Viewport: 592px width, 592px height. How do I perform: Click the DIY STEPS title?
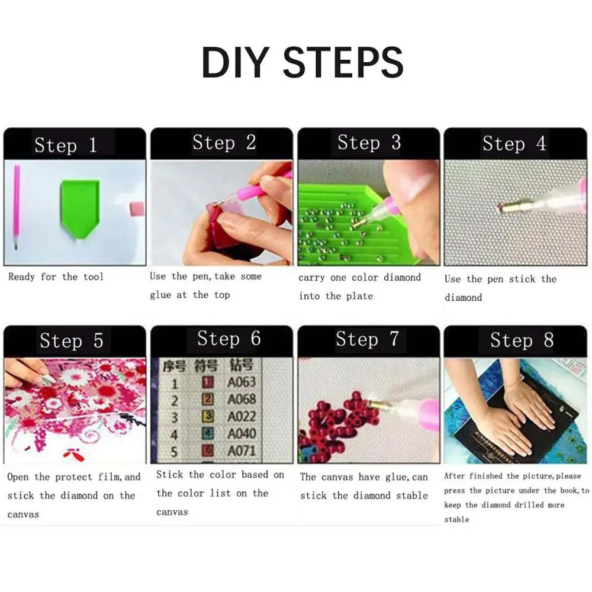point(303,62)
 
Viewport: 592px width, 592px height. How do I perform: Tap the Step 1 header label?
point(66,146)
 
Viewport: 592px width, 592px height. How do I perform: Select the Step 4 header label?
point(514,144)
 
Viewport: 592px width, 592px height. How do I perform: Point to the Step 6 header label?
point(229,338)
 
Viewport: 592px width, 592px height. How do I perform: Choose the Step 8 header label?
point(522,340)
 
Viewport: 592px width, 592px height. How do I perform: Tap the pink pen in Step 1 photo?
point(17,207)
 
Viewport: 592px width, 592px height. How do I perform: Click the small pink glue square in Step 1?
point(137,209)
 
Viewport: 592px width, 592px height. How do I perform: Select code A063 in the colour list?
point(242,382)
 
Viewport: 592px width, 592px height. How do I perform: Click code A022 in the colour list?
point(242,416)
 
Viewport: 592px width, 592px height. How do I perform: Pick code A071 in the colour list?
point(242,451)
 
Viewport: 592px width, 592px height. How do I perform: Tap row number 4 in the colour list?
point(174,434)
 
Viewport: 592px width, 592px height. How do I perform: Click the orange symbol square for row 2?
point(208,399)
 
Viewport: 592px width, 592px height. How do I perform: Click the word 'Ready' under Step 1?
point(21,277)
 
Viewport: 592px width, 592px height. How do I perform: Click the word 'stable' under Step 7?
point(412,496)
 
